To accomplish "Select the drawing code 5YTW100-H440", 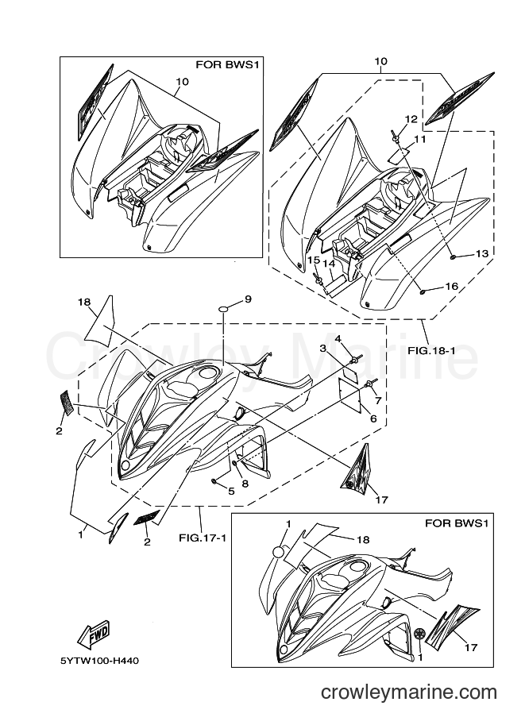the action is pyautogui.click(x=99, y=660).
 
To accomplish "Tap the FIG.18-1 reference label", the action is pyautogui.click(x=431, y=350).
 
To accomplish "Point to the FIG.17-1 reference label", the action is pyautogui.click(x=202, y=538).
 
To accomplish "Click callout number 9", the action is pyautogui.click(x=249, y=299).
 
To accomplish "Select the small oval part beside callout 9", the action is pyautogui.click(x=223, y=309).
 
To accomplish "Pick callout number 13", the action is pyautogui.click(x=481, y=253).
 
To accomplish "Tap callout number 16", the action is pyautogui.click(x=451, y=286).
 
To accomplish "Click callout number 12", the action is pyautogui.click(x=411, y=119).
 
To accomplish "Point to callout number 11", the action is pyautogui.click(x=419, y=138).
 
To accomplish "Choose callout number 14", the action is pyautogui.click(x=328, y=264).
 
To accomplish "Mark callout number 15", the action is pyautogui.click(x=314, y=260).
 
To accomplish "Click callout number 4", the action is pyautogui.click(x=338, y=339).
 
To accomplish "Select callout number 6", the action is pyautogui.click(x=373, y=419).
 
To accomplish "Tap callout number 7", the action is pyautogui.click(x=378, y=400).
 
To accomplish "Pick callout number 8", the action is pyautogui.click(x=245, y=484).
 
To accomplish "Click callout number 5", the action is pyautogui.click(x=231, y=491).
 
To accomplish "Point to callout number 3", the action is pyautogui.click(x=323, y=347).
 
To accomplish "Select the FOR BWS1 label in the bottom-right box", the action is pyautogui.click(x=456, y=523).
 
